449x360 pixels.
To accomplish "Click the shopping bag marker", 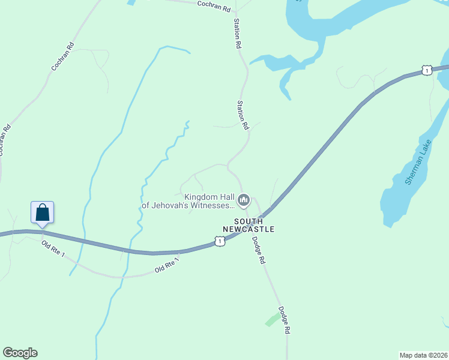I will click(42, 212).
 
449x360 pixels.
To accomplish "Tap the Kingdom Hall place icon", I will click(243, 200).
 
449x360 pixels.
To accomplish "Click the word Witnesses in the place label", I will click(205, 205).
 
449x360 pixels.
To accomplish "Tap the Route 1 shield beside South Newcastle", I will click(220, 241).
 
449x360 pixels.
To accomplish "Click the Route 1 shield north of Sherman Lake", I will click(426, 70).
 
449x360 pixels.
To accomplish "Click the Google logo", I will click(20, 353).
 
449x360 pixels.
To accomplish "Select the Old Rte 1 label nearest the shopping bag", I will click(53, 252).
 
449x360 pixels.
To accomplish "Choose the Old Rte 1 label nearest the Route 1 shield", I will click(167, 266).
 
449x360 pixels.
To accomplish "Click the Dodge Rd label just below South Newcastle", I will click(258, 251).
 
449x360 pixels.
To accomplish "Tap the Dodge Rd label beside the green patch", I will click(285, 320).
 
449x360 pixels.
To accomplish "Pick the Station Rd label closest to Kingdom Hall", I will click(242, 115).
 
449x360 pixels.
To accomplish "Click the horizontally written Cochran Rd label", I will click(213, 5).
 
